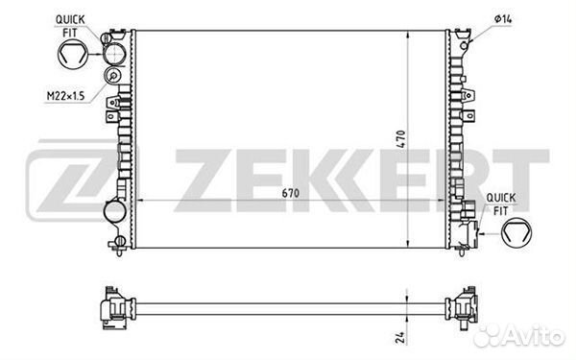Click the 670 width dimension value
(291, 193)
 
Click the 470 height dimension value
(400, 139)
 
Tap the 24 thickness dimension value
(400, 337)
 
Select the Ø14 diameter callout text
(503, 19)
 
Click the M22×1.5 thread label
(65, 96)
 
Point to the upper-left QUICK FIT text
(70, 26)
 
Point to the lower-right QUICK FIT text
(501, 204)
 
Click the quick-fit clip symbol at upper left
(73, 54)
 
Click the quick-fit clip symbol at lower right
(516, 232)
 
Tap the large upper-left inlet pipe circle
(114, 54)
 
